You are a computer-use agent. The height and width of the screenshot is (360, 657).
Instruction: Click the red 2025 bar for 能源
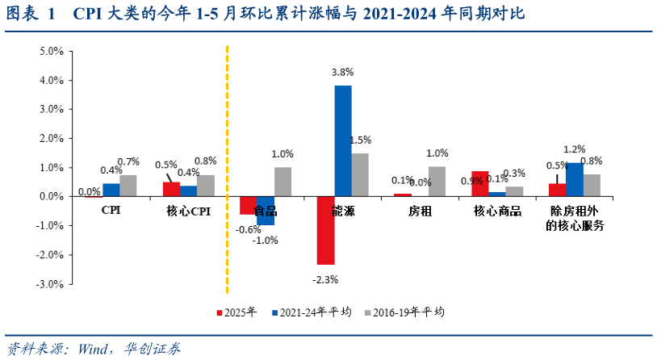tap(325, 230)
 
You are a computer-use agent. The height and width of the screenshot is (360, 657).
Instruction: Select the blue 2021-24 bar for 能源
tap(343, 141)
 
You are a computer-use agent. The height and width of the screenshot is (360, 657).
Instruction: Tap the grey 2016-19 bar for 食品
tap(282, 182)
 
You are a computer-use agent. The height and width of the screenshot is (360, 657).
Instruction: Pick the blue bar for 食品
tap(266, 211)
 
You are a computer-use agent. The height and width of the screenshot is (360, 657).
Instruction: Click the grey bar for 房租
tap(437, 182)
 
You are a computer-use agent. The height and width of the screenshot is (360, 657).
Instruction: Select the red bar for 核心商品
tap(479, 184)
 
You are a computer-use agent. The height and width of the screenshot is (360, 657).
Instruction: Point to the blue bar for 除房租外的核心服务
tap(575, 179)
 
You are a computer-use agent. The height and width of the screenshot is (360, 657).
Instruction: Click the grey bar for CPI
tap(128, 186)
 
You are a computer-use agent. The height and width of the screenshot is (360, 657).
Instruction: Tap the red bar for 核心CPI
tap(171, 189)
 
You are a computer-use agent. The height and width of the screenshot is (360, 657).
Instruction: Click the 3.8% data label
tap(343, 73)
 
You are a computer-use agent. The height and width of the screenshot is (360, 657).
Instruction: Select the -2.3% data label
tap(325, 279)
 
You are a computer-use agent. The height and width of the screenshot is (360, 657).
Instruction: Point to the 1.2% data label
tap(575, 149)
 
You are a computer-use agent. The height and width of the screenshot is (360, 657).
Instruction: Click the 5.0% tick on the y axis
tap(52, 51)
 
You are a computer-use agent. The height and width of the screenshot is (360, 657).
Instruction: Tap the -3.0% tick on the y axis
tap(52, 284)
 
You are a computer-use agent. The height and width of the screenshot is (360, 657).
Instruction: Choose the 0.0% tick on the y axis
tap(52, 196)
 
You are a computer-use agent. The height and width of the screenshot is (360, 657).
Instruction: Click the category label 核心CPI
tap(189, 211)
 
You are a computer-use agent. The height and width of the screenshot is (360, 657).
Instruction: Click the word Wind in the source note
tap(95, 349)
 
